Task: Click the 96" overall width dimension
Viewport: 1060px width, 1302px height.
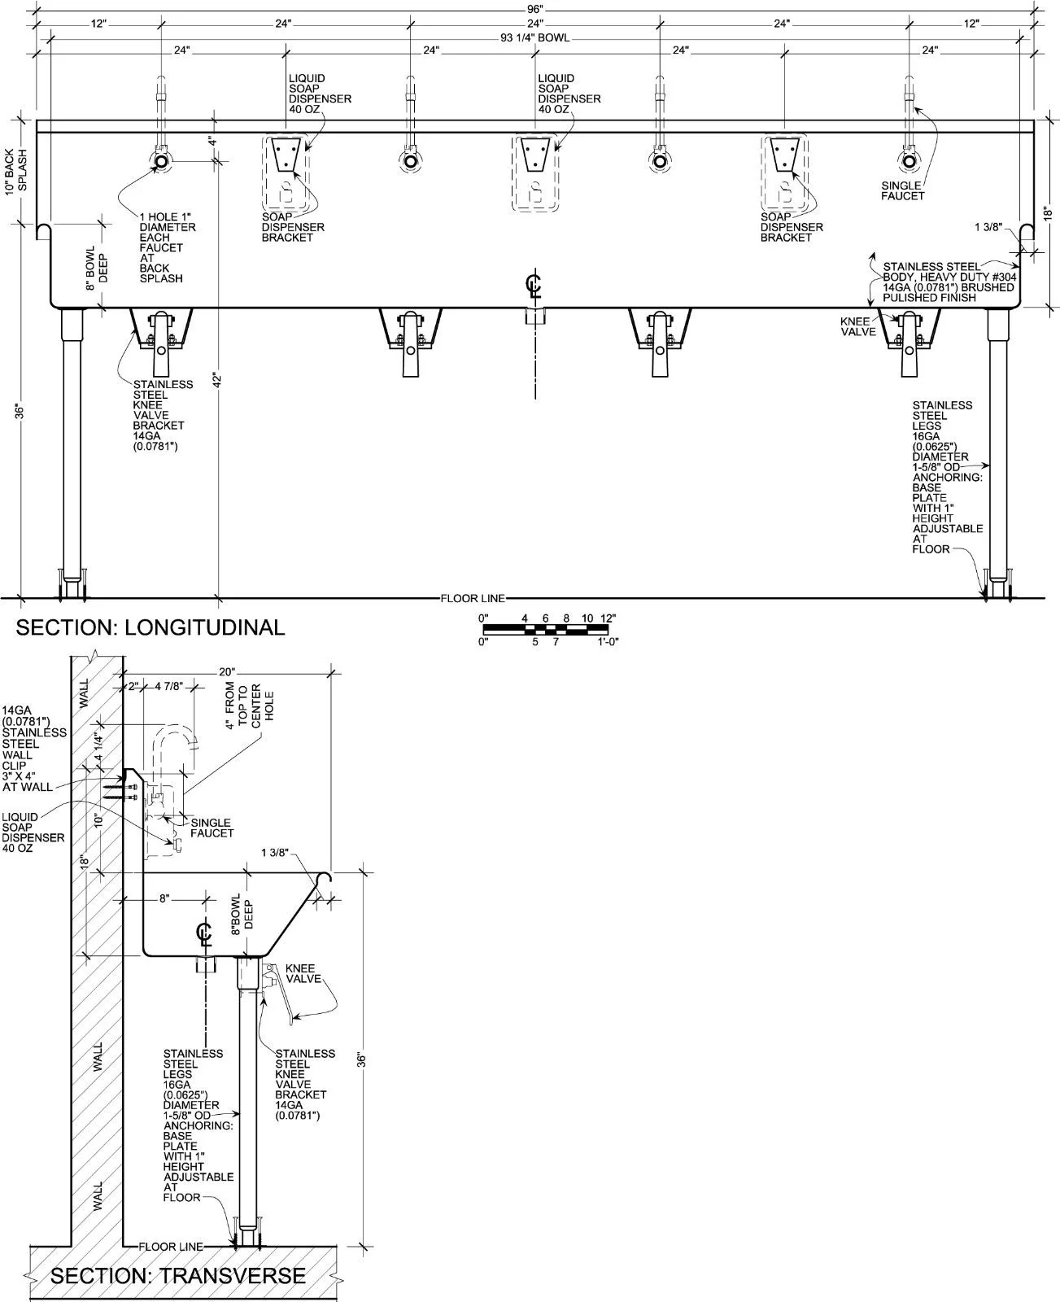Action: (534, 9)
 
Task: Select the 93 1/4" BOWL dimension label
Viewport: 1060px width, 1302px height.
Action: (534, 38)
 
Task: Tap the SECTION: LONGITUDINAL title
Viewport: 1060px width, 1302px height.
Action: (150, 627)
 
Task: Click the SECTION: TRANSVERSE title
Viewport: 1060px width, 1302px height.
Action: (178, 1276)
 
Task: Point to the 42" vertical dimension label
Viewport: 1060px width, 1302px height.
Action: (217, 380)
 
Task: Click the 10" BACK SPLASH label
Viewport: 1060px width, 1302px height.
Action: (16, 172)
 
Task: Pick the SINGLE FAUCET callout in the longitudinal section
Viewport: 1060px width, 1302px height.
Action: (902, 190)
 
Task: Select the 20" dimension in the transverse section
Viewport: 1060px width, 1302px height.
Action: (227, 672)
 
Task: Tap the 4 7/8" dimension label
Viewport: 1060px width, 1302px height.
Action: (168, 687)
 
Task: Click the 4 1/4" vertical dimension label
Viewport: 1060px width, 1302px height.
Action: (99, 746)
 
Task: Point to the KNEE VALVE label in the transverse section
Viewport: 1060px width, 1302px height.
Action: (303, 974)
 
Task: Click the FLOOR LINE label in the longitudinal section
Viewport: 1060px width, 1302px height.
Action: (473, 598)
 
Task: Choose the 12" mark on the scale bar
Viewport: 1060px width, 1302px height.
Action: (608, 618)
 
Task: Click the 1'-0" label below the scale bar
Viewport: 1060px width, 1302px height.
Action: (608, 642)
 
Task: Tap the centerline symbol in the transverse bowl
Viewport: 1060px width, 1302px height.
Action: (204, 933)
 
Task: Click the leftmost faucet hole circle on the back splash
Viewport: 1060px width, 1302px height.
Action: (161, 161)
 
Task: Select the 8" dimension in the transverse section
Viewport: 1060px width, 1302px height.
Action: (164, 898)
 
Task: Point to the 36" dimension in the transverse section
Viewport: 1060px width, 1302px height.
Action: (362, 1060)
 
